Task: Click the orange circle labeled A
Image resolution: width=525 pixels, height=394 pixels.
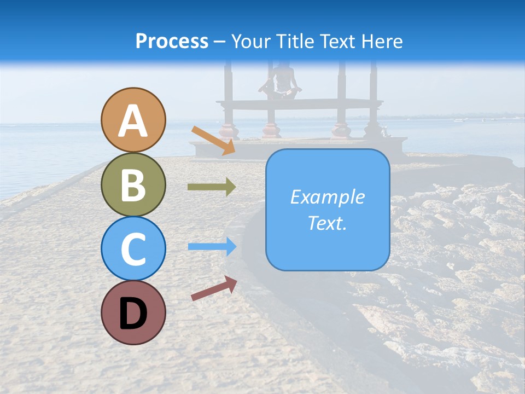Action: click(133, 120)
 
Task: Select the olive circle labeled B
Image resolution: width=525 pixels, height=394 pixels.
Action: click(133, 184)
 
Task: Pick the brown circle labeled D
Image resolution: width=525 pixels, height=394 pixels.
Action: click(133, 312)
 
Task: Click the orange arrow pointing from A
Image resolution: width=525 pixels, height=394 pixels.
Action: click(213, 141)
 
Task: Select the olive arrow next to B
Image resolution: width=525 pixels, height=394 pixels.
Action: click(212, 187)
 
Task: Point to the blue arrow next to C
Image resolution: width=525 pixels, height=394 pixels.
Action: click(212, 246)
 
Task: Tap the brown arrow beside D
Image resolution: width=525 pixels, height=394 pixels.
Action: click(214, 288)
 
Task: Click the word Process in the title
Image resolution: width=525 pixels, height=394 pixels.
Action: click(172, 42)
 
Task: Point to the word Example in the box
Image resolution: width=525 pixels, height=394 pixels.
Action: click(328, 197)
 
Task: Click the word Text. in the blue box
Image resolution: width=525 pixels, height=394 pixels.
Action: click(328, 223)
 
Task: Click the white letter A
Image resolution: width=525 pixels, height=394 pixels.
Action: click(133, 121)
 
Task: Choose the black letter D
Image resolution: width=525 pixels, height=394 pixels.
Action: click(133, 314)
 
